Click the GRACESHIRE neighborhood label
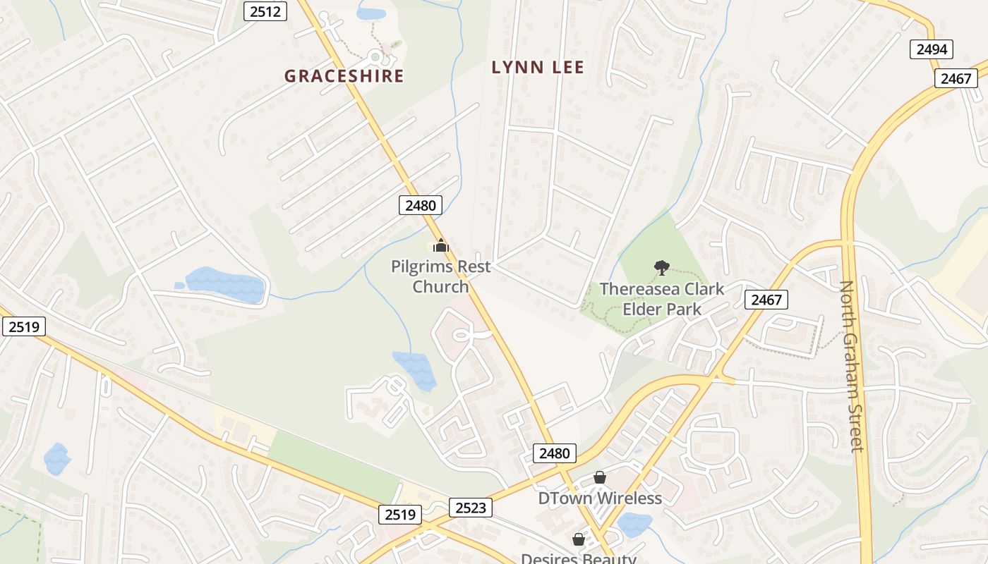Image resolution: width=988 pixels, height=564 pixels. [344, 76]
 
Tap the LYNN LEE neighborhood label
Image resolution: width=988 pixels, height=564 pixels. [538, 68]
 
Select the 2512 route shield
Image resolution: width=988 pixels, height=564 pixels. [266, 11]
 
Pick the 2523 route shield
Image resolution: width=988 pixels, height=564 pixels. [470, 508]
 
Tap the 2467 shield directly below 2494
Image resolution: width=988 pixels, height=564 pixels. [956, 78]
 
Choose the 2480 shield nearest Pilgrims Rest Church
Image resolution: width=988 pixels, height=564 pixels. [421, 205]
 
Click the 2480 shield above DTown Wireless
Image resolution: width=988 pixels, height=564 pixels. [554, 453]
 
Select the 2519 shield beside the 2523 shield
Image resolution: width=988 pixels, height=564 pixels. [400, 515]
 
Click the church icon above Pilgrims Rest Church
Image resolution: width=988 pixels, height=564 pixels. [441, 246]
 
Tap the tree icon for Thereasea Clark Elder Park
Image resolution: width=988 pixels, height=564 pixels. [661, 267]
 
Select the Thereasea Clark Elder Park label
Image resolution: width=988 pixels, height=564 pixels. [662, 299]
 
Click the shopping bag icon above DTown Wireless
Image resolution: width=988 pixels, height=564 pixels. [599, 478]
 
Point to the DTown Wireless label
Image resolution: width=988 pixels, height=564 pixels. [600, 498]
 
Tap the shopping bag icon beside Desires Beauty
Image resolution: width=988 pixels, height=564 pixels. [579, 539]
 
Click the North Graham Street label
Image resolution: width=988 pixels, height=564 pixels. [852, 366]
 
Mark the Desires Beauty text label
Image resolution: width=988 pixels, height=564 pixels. [579, 558]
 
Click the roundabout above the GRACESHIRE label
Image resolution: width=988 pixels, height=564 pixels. [375, 56]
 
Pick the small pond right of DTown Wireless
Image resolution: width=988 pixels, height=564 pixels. [634, 525]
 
